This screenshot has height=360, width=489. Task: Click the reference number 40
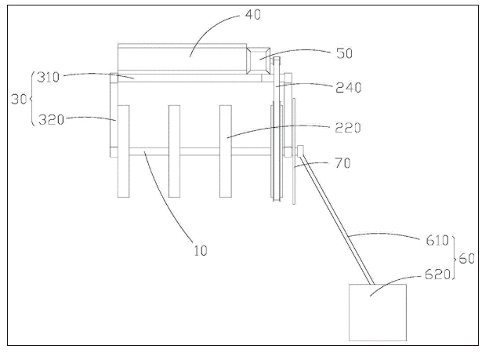[x=253, y=15]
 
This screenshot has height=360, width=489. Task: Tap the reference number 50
[x=344, y=53]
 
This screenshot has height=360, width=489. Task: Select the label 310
[x=48, y=77]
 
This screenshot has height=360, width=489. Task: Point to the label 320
[x=51, y=119]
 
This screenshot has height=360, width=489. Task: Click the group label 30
[x=19, y=100]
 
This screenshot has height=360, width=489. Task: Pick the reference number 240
[x=349, y=88]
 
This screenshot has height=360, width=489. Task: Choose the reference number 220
[x=348, y=128]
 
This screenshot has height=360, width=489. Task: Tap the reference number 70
[x=342, y=163]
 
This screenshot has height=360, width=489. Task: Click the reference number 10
[x=200, y=250]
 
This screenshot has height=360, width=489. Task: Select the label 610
[x=437, y=241]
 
